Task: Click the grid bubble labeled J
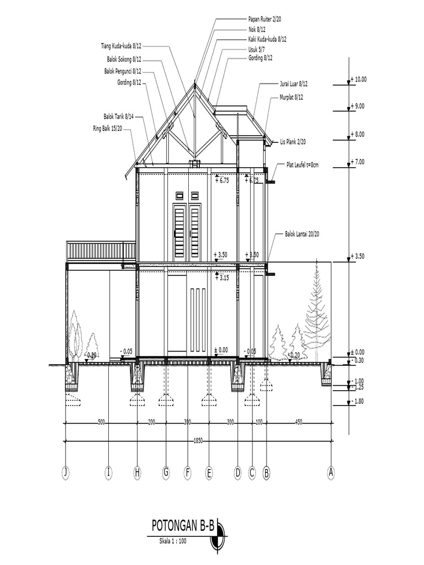(x=66, y=472)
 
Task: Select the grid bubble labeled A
(x=331, y=472)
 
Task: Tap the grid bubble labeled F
(x=188, y=472)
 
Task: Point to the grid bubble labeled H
(x=137, y=472)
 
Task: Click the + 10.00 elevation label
(x=359, y=79)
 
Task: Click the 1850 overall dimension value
(x=198, y=441)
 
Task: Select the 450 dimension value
(x=299, y=423)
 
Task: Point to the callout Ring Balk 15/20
(x=108, y=128)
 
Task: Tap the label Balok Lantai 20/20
(x=302, y=234)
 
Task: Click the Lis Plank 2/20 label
(x=293, y=142)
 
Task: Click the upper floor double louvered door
(x=187, y=232)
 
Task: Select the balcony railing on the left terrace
(x=101, y=251)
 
